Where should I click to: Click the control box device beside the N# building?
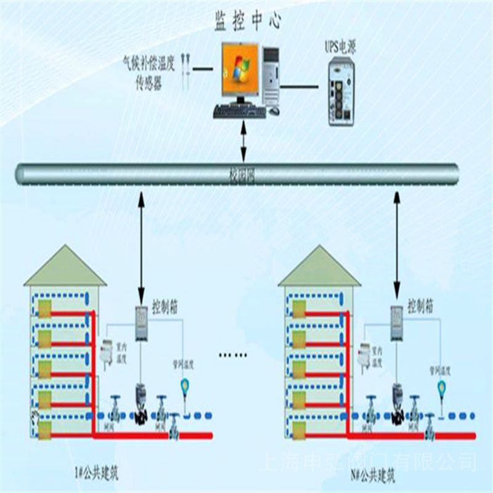coord(395,322)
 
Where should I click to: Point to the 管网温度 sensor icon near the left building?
coord(184,386)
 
